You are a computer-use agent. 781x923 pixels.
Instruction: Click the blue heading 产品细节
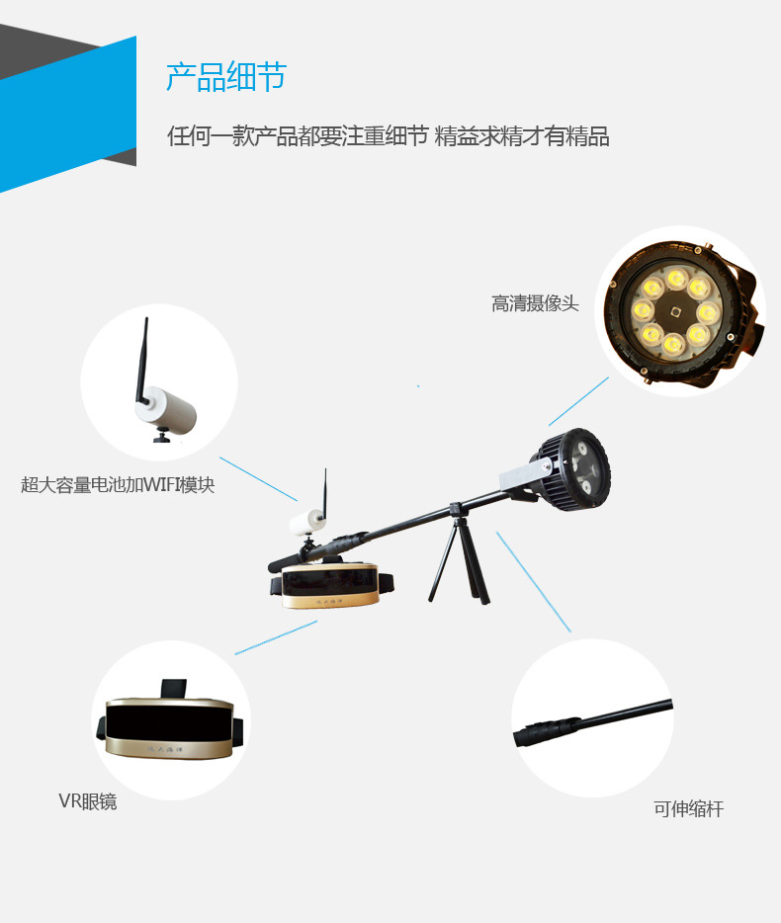(x=225, y=76)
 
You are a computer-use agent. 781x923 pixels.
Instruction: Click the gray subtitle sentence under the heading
(x=389, y=136)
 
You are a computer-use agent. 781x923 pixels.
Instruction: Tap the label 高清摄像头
(x=535, y=303)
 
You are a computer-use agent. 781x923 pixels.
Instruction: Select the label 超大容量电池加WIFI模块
(x=118, y=484)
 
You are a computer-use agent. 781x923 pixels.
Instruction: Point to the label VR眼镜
(x=88, y=801)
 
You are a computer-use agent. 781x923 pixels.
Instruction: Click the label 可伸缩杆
(x=688, y=808)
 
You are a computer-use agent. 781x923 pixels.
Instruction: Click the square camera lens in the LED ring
(x=676, y=312)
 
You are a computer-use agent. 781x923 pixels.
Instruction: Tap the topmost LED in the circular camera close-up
(x=677, y=278)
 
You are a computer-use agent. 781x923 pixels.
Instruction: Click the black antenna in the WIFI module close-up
(x=142, y=361)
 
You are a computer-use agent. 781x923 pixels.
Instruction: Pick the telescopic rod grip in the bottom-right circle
(x=547, y=731)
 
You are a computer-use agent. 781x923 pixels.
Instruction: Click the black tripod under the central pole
(x=459, y=555)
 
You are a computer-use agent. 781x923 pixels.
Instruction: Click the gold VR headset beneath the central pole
(x=331, y=585)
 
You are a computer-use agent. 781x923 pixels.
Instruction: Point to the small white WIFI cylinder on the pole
(x=306, y=522)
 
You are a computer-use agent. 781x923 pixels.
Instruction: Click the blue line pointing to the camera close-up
(x=578, y=401)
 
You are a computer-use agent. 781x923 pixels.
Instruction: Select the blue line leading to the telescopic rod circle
(x=534, y=582)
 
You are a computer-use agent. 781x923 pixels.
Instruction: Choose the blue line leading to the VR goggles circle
(x=276, y=637)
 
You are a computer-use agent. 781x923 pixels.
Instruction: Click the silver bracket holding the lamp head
(x=525, y=474)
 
